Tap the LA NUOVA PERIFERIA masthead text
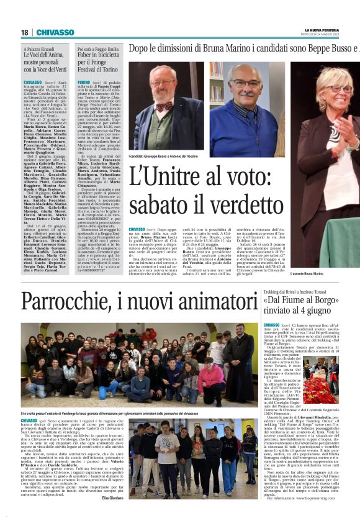point(325,30)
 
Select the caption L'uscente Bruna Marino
point(325,273)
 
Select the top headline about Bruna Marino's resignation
point(243,48)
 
